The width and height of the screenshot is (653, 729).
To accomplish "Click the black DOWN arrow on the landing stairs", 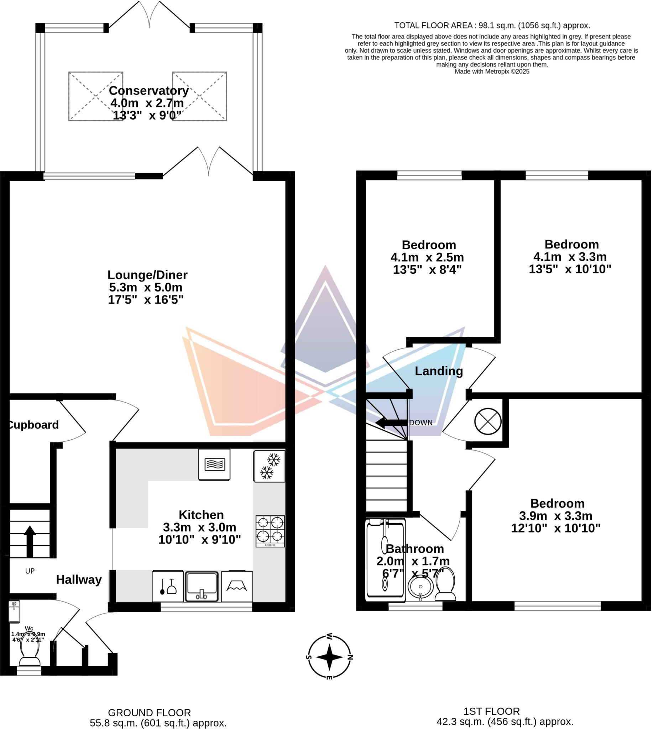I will pos(391,423).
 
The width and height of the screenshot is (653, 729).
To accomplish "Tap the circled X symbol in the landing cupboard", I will pos(489,422).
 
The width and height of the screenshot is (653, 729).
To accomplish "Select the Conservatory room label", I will pos(149,91).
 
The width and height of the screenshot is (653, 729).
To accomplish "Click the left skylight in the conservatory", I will pos(96,96).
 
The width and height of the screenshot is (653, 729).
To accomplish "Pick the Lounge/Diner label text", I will pos(147,275).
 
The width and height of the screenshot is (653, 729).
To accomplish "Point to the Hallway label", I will pos(79,580).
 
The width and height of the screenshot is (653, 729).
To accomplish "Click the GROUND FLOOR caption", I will pos(150,713).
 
